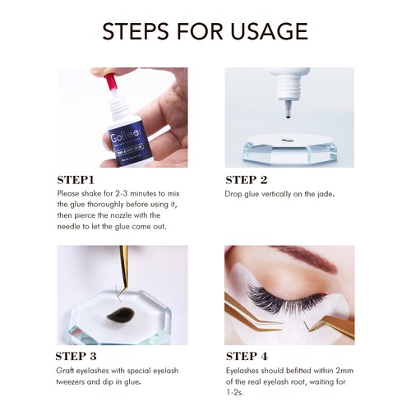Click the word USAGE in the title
pyautogui.click(x=270, y=31)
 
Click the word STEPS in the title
pyautogui.click(x=136, y=31)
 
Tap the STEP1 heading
pyautogui.click(x=76, y=180)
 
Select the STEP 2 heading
pyautogui.click(x=247, y=180)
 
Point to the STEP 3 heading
pyautogui.click(x=76, y=356)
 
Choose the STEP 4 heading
pyautogui.click(x=247, y=356)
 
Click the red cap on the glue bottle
pyautogui.click(x=110, y=81)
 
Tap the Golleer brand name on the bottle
pyautogui.click(x=127, y=136)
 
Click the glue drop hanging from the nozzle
pyautogui.click(x=288, y=117)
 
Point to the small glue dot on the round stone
pyautogui.click(x=286, y=140)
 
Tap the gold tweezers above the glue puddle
pyautogui.click(x=124, y=270)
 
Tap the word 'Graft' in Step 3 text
pyautogui.click(x=65, y=371)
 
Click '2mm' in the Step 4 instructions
pyautogui.click(x=344, y=371)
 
